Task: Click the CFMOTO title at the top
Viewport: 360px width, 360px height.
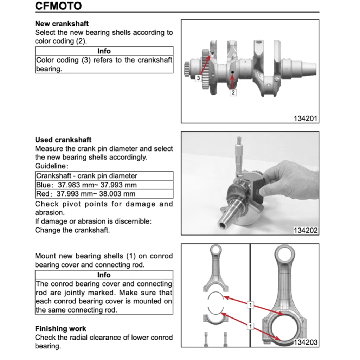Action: (58, 6)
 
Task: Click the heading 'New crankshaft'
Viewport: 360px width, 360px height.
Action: (62, 24)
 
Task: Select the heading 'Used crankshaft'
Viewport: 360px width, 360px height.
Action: (63, 140)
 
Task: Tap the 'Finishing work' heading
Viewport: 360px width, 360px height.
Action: (60, 329)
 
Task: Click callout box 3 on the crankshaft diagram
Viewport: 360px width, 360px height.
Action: (198, 78)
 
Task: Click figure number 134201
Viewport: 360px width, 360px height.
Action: (306, 118)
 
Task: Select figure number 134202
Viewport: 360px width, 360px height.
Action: (306, 231)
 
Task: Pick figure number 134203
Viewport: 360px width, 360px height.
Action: (306, 342)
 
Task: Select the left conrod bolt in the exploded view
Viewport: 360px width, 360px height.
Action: (205, 339)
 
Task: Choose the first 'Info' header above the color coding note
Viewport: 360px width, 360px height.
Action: (104, 51)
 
